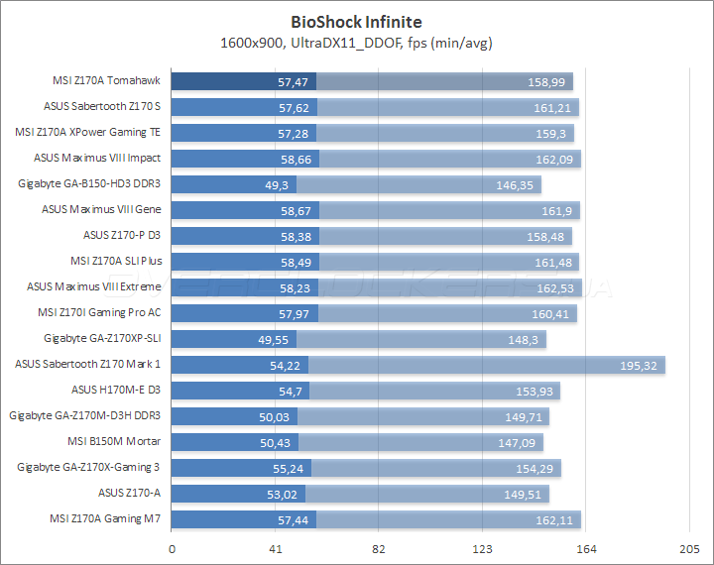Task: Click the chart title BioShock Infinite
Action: click(356, 20)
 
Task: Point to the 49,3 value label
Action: click(276, 184)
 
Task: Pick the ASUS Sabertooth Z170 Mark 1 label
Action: click(88, 364)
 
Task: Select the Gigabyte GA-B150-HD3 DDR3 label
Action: click(90, 183)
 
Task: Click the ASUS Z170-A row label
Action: click(129, 493)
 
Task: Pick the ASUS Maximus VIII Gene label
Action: click(101, 209)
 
